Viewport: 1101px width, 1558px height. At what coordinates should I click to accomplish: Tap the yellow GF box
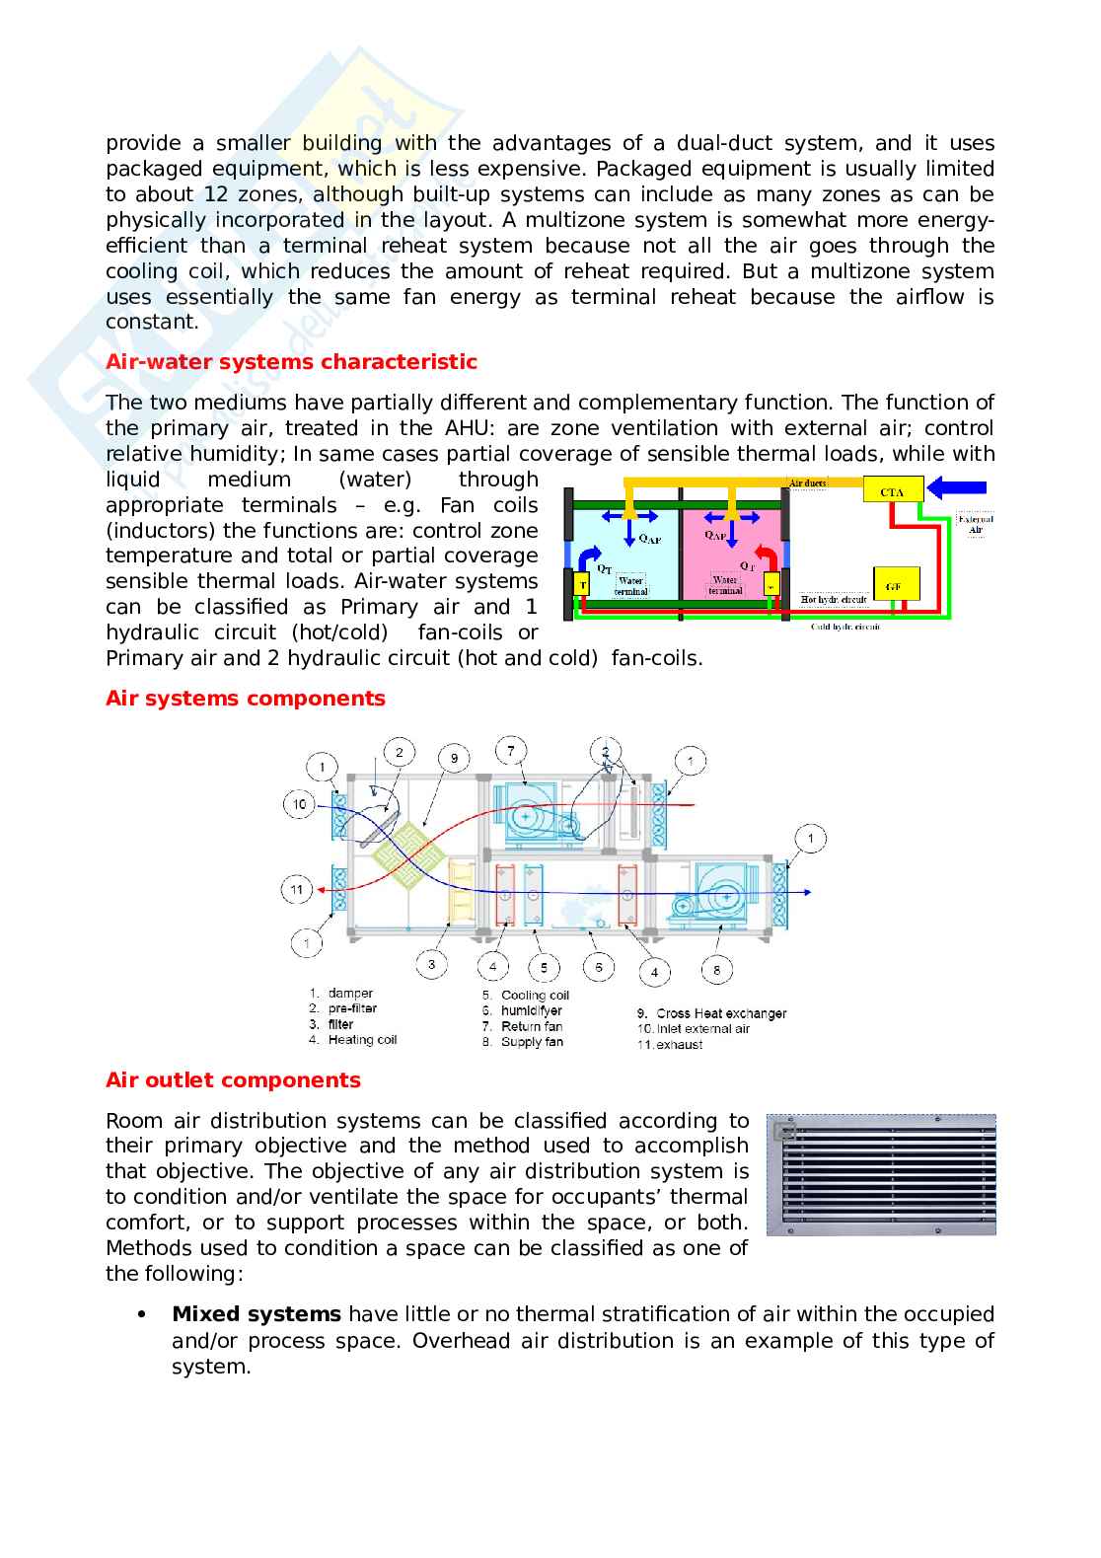[x=895, y=585]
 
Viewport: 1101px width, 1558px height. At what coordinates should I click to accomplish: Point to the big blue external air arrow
[x=959, y=486]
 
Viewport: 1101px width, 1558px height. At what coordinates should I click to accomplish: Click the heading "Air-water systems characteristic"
[x=291, y=362]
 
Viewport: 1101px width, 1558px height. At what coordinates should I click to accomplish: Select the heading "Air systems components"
[x=245, y=699]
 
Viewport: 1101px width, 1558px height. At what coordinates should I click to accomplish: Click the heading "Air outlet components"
[x=233, y=1080]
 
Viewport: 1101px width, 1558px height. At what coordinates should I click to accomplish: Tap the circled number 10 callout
[x=300, y=804]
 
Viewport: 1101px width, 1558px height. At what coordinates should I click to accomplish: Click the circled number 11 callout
[x=298, y=889]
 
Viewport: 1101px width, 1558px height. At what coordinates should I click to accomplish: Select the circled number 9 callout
[x=454, y=759]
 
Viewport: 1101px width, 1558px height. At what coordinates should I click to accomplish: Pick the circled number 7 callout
[x=511, y=751]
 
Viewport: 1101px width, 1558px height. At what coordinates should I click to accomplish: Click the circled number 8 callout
[x=716, y=970]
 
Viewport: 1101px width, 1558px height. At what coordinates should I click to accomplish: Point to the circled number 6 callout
[x=599, y=967]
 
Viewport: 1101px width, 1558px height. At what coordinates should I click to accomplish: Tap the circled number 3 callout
[x=431, y=963]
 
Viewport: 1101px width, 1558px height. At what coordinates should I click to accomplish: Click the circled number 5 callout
[x=544, y=967]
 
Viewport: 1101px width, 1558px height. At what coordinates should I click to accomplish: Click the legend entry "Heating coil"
[x=361, y=1040]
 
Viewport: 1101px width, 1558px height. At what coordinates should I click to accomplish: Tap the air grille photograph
[x=881, y=1174]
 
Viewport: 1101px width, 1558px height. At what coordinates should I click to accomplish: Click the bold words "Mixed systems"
[x=257, y=1314]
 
